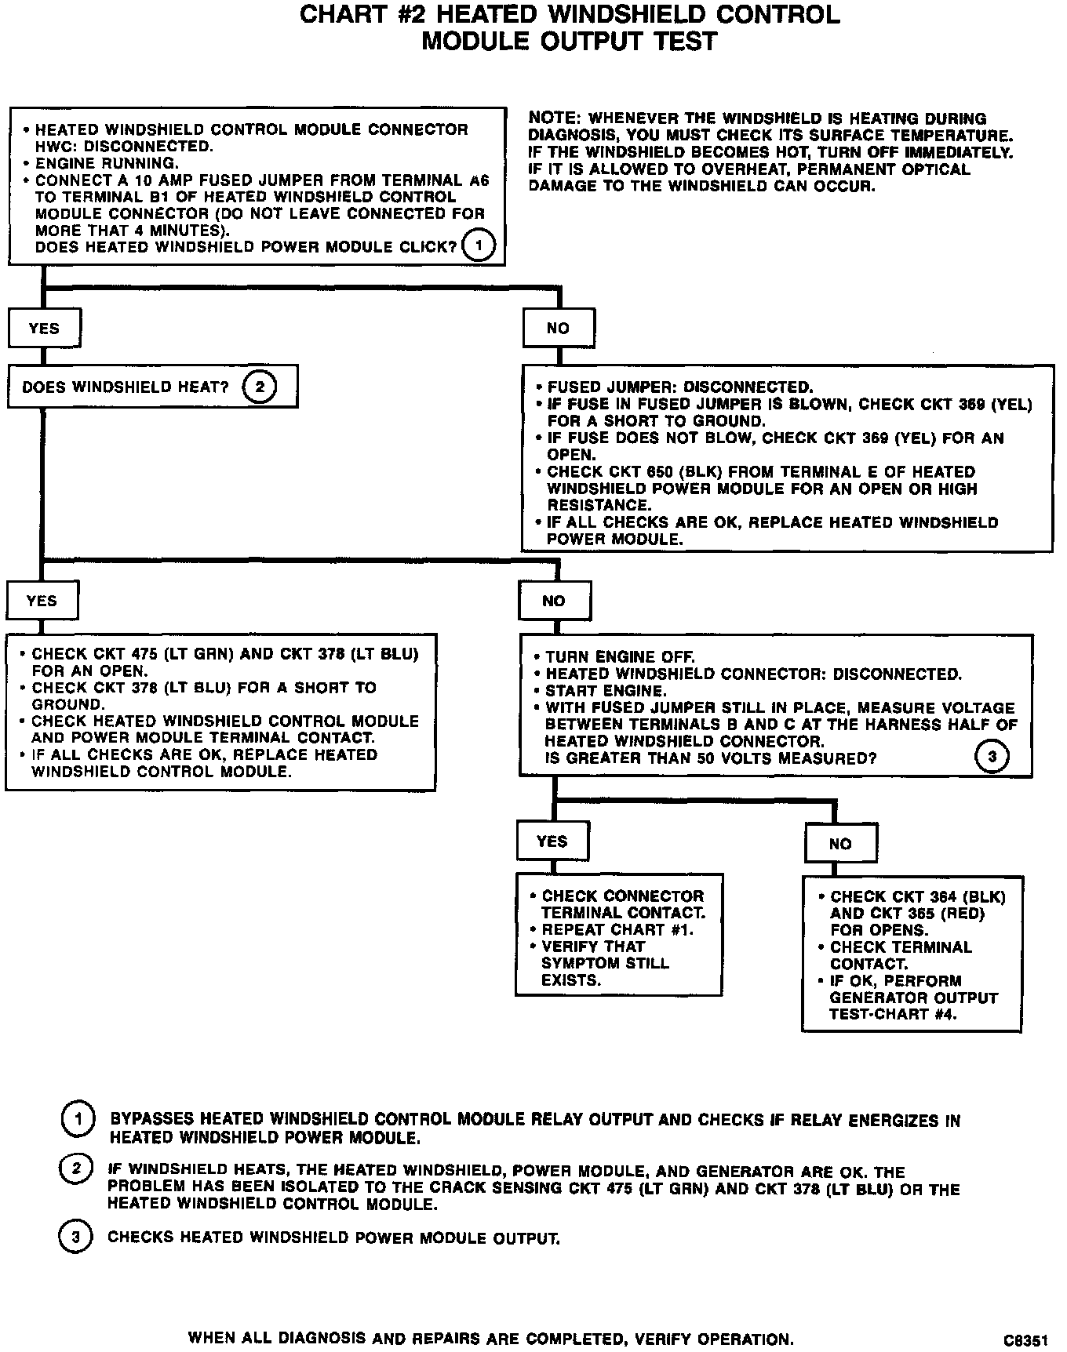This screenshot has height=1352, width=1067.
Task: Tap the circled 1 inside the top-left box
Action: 478,246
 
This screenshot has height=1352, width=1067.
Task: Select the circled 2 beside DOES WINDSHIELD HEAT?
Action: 259,387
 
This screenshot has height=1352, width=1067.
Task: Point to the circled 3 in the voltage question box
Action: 992,758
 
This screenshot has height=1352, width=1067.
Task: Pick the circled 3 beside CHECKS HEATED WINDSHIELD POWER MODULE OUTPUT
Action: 75,1238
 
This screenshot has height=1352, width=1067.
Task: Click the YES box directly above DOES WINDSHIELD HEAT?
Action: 44,329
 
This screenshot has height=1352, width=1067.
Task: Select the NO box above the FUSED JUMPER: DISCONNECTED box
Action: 558,329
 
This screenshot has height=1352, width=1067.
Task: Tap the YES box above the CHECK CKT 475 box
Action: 42,601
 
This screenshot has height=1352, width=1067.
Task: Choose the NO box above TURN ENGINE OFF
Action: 554,601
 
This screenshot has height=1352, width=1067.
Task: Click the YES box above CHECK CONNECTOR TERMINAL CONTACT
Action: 552,841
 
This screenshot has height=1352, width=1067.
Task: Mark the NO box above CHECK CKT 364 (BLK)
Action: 840,844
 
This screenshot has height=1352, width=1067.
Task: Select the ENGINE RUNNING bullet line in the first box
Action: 106,163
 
